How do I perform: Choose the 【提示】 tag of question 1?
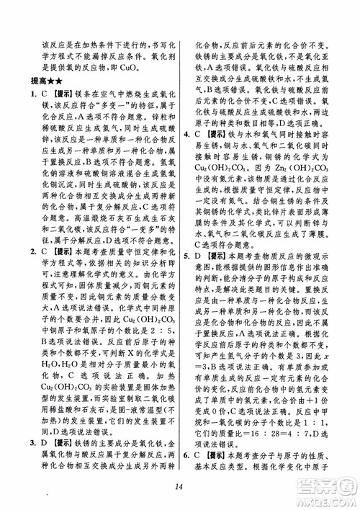60,94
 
